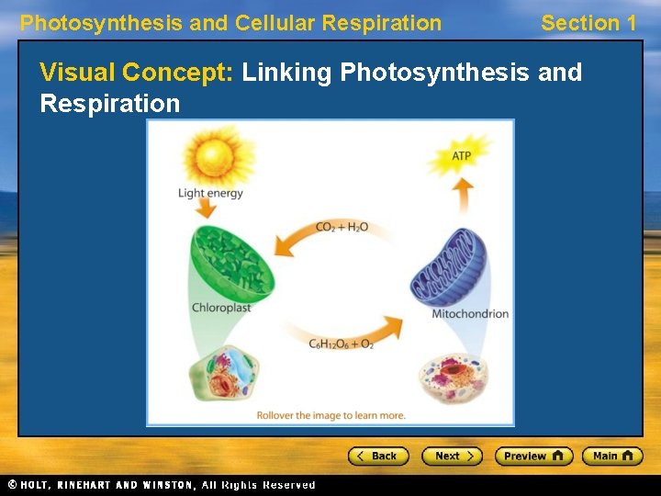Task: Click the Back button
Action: pos(377,456)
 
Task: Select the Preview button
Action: pos(533,456)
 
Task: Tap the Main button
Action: pos(612,456)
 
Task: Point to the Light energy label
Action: pos(210,193)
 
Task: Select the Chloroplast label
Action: pos(221,309)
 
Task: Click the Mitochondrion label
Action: pos(470,314)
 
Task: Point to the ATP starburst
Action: pos(462,155)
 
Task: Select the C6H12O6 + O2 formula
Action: pos(341,344)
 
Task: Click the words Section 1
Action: pos(588,23)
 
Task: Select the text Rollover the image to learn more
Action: pos(330,415)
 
